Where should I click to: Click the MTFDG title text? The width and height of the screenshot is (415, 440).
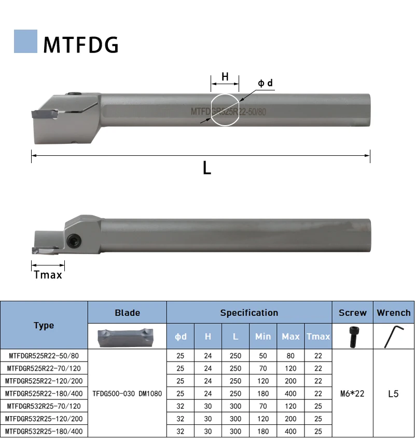(x=80, y=45)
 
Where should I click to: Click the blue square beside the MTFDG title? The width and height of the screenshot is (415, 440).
(x=25, y=41)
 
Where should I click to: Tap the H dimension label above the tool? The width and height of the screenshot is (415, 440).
(x=225, y=77)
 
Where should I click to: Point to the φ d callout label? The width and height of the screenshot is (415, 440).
(x=265, y=83)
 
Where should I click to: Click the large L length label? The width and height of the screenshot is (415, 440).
(x=206, y=168)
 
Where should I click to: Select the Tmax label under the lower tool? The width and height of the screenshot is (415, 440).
(x=48, y=275)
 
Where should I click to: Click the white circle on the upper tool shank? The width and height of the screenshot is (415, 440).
(x=225, y=110)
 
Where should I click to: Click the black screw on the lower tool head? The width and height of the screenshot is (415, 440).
(x=74, y=239)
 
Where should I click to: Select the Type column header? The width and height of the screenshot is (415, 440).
(x=44, y=325)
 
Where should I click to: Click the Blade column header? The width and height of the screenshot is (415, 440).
(x=127, y=312)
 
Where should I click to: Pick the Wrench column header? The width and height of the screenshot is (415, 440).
(x=393, y=312)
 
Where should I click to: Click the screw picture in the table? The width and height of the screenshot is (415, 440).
(x=352, y=336)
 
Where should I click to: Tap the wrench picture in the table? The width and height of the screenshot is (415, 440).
(x=393, y=336)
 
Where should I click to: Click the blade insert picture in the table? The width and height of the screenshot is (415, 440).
(x=127, y=336)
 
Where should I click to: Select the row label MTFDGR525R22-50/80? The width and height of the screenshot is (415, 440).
(x=44, y=356)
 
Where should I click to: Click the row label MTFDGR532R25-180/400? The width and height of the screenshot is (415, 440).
(x=44, y=431)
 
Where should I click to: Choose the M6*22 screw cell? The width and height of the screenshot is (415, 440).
(x=352, y=393)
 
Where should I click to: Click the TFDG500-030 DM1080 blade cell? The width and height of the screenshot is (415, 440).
(x=127, y=393)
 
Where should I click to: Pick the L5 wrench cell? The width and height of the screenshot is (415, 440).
(x=393, y=393)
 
